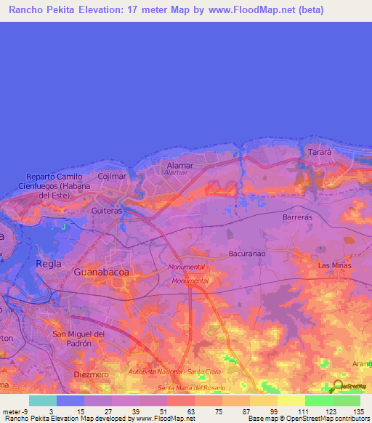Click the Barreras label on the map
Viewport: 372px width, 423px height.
pyautogui.click(x=296, y=217)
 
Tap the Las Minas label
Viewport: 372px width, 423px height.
pyautogui.click(x=335, y=266)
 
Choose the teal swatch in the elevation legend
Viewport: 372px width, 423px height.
pyautogui.click(x=43, y=400)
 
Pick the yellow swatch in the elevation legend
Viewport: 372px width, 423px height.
pyautogui.click(x=291, y=400)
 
